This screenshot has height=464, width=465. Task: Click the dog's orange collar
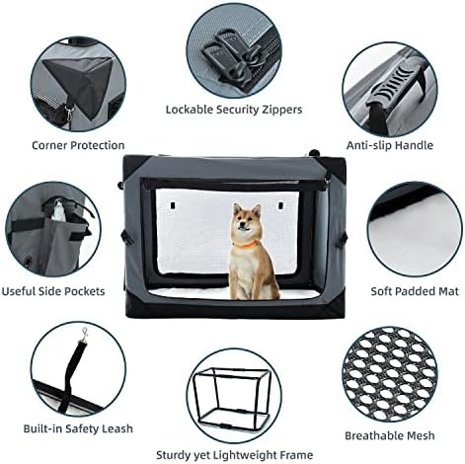pyautogui.click(x=245, y=244)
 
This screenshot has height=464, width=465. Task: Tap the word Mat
pyautogui.click(x=448, y=291)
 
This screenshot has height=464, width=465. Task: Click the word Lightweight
pyautogui.click(x=245, y=455)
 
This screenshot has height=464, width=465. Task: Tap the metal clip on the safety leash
pyautogui.click(x=85, y=333)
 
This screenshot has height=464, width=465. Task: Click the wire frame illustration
pyautogui.click(x=233, y=398)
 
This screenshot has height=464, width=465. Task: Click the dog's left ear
pyautogui.click(x=237, y=208)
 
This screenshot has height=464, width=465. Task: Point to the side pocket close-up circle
pyautogui.click(x=53, y=230)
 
